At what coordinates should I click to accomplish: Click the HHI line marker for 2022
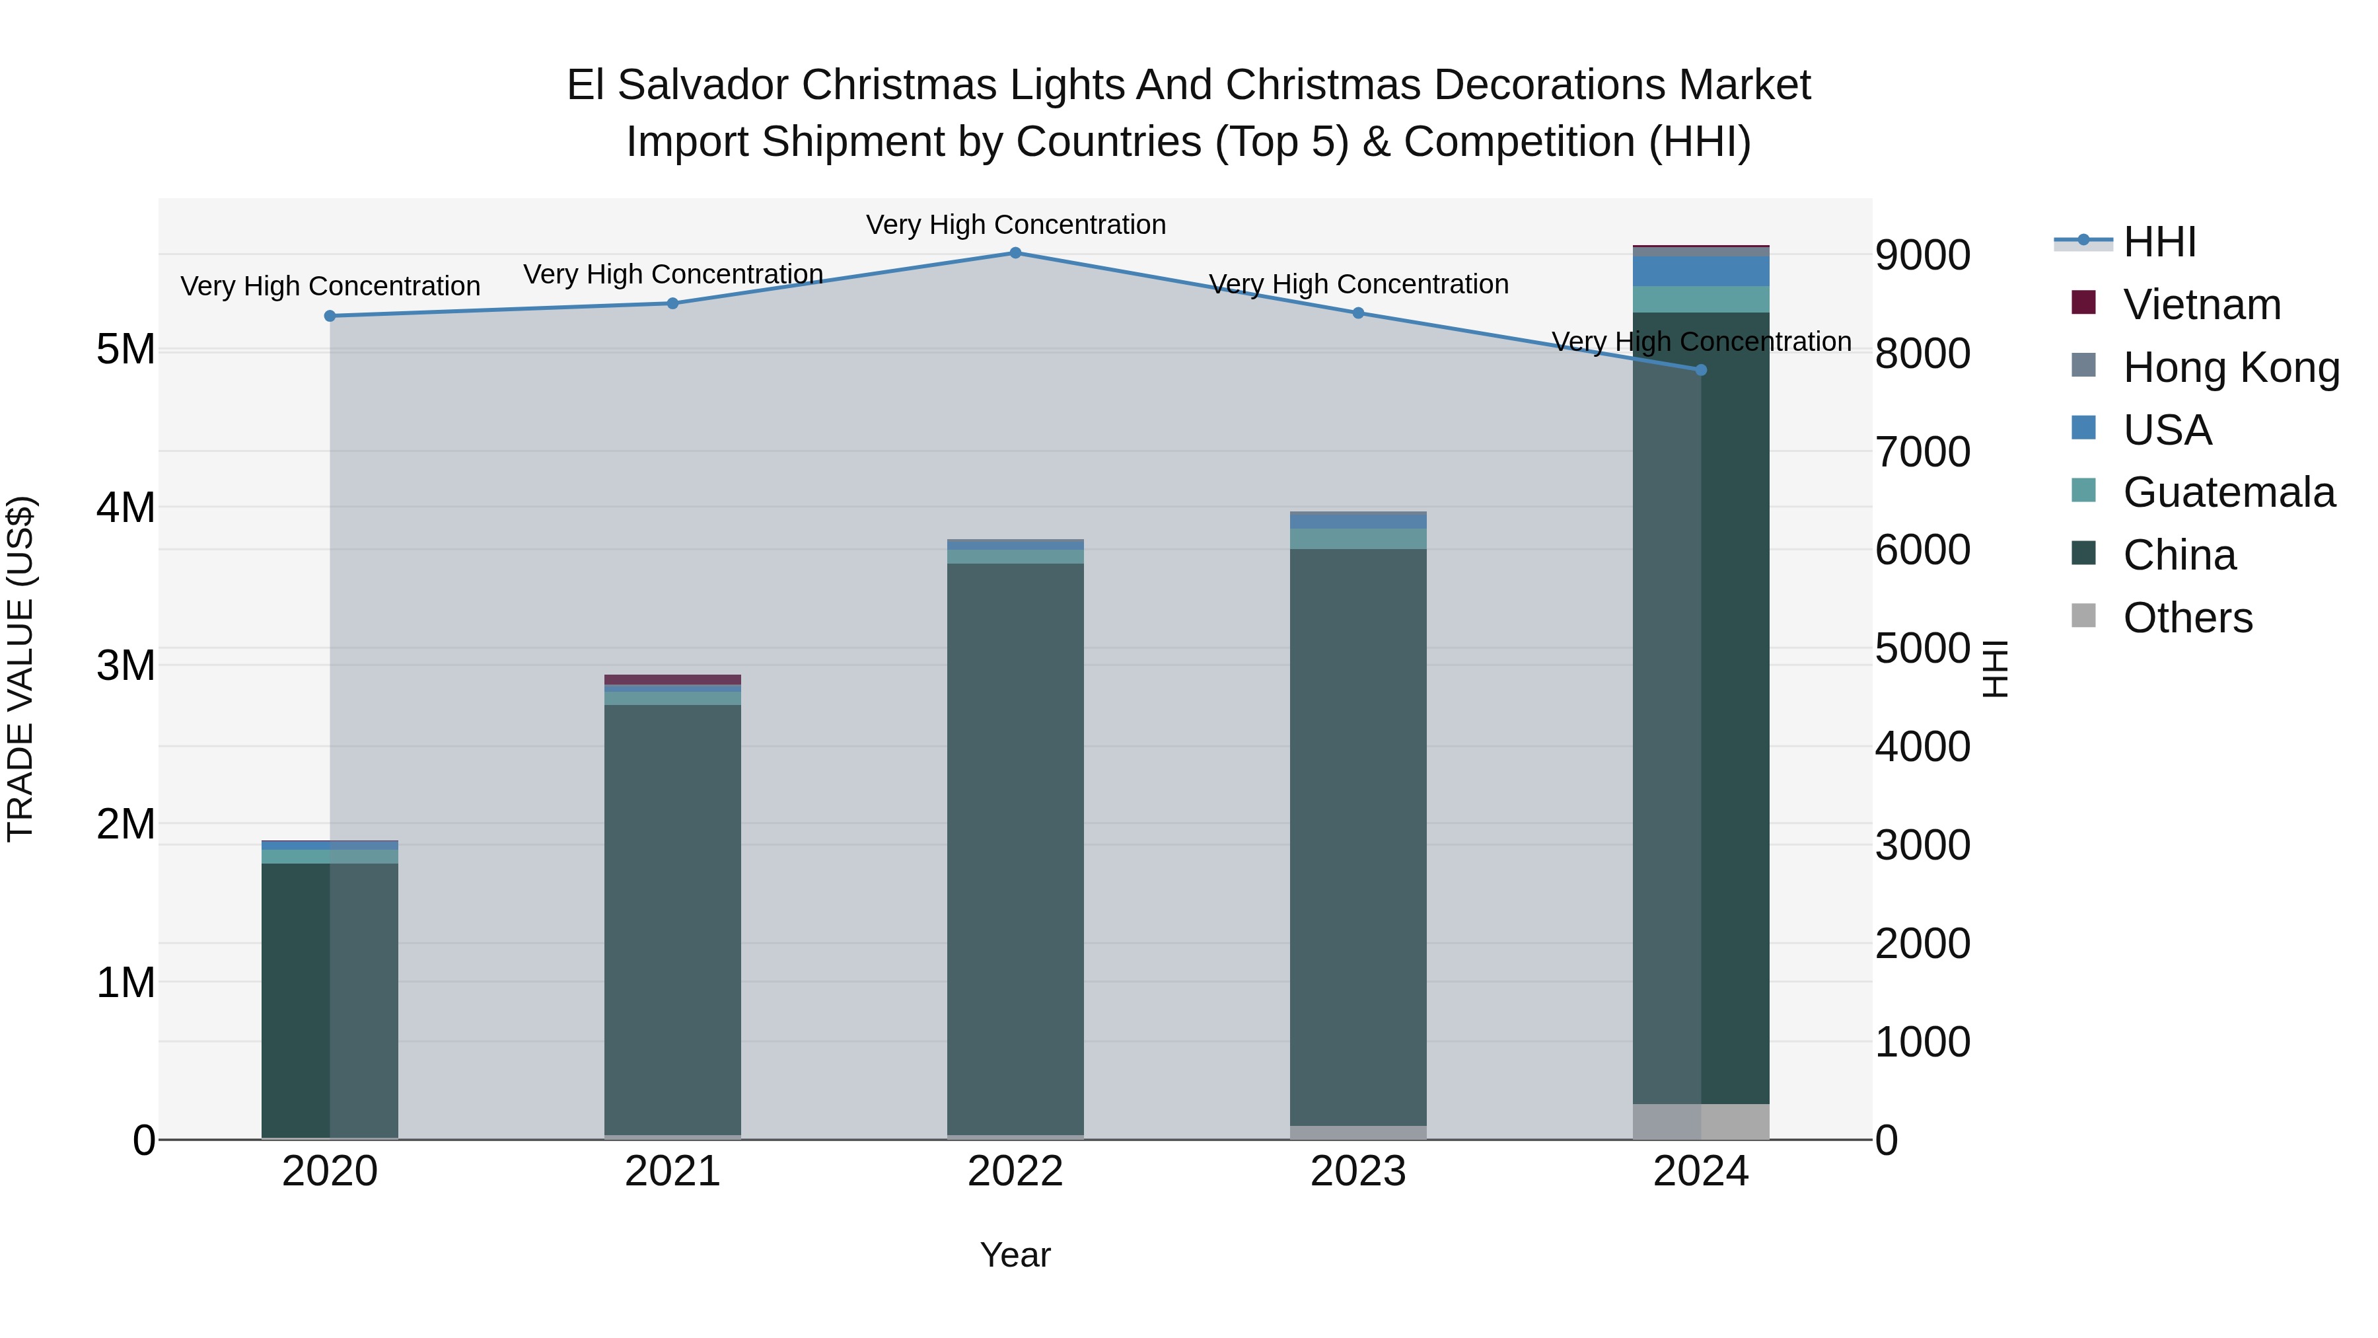coord(1015,252)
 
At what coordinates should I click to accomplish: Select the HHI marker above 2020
coord(330,316)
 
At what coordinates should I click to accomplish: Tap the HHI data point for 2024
coord(1702,369)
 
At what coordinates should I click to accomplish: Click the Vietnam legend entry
coord(2201,305)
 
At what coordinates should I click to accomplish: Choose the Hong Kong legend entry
coord(2230,367)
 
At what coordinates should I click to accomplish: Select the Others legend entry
coord(2187,618)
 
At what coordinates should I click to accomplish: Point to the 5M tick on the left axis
coord(126,350)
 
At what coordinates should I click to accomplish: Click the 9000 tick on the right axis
coord(1922,255)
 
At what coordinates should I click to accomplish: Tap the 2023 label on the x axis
coord(1358,1171)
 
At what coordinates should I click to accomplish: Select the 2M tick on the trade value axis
coord(126,824)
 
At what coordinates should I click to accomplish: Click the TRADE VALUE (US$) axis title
coord(20,669)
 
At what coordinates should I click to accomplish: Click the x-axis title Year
coord(1015,1255)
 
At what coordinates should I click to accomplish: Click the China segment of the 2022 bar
coord(1015,850)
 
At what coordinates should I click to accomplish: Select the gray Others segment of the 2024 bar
coord(1702,1121)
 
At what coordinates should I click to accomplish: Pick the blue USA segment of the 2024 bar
coord(1702,272)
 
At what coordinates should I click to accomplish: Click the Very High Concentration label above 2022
coord(1015,225)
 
